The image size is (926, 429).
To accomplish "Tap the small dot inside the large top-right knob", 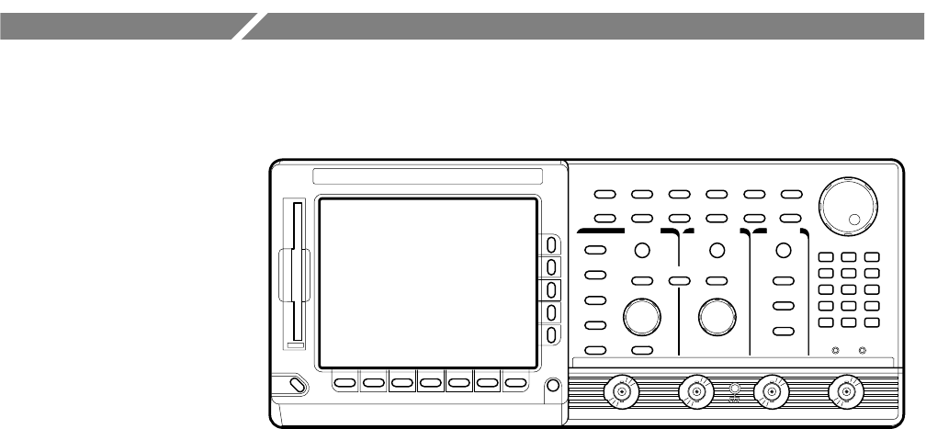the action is (855, 219).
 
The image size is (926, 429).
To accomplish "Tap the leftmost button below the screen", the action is (344, 382).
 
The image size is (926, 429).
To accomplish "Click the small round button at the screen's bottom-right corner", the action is (553, 385).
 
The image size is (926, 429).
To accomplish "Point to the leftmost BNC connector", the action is (622, 392).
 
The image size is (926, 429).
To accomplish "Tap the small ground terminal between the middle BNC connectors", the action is (733, 389).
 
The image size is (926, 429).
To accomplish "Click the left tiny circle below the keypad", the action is (835, 350).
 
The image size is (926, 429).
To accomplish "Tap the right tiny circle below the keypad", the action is (862, 350).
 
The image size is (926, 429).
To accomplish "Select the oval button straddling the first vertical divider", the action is (680, 280).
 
